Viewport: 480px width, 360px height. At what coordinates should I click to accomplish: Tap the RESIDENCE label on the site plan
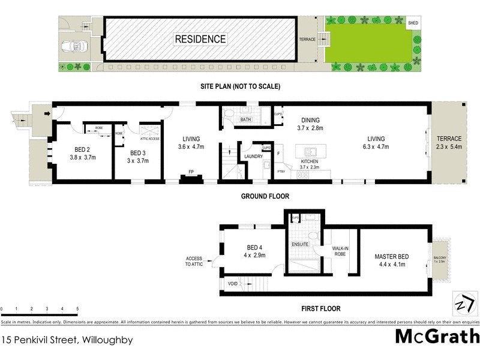[200, 40]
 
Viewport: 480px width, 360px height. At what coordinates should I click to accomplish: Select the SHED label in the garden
[413, 23]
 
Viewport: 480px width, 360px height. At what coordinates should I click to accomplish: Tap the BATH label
[245, 119]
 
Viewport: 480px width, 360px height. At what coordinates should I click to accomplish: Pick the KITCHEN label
[310, 163]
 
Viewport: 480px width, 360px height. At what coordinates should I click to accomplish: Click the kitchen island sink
[310, 152]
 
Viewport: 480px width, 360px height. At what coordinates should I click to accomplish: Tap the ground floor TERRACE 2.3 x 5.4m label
[449, 142]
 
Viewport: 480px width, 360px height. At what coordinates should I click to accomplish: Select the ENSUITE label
[300, 245]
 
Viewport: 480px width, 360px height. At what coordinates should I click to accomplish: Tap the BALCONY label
[440, 259]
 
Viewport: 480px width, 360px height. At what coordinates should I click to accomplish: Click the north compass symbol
[461, 302]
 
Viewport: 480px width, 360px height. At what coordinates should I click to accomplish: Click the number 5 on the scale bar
[77, 310]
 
